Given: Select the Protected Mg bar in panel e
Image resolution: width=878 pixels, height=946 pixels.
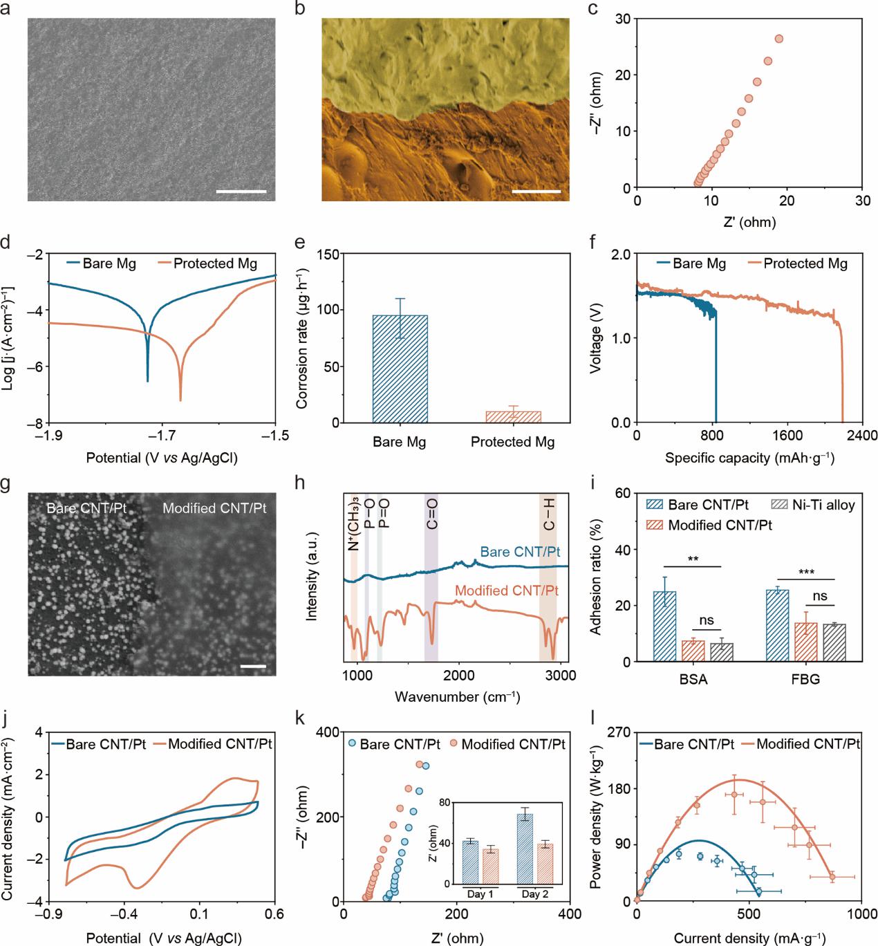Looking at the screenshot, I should pos(512,416).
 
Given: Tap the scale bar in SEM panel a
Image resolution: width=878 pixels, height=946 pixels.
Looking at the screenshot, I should pos(241,190).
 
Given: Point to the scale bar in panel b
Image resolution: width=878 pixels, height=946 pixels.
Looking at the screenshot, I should pos(536,190).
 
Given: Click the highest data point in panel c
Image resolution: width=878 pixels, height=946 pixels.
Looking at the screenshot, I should pos(779,39).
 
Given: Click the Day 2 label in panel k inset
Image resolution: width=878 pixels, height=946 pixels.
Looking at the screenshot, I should pos(534,894).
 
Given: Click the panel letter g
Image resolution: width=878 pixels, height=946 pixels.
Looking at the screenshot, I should pos(6,485).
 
